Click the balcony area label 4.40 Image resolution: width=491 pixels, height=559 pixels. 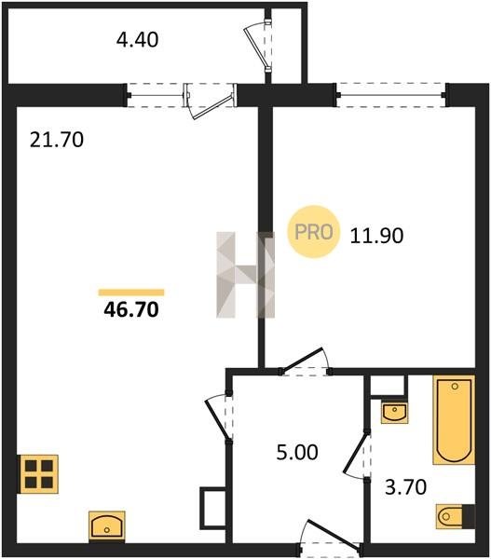tap(137, 39)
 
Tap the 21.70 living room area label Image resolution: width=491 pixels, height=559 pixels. tap(57, 140)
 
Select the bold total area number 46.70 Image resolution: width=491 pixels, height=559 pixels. tap(131, 309)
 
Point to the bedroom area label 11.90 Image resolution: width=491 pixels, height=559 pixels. tap(376, 236)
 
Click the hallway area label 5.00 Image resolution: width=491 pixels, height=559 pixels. tap(297, 452)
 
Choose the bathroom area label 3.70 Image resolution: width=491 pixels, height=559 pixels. tap(406, 487)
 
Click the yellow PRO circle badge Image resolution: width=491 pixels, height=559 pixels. tap(313, 232)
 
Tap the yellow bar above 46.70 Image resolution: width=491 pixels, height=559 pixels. tap(131, 293)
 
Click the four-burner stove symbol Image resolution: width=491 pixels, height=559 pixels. tap(39, 474)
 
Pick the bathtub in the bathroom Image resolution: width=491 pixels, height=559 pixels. tap(454, 419)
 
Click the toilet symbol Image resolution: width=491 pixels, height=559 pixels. tap(456, 516)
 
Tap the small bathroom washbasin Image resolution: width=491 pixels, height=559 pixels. tap(394, 413)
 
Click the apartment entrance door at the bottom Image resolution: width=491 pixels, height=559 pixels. tap(330, 538)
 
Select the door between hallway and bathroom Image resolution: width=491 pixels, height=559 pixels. tap(358, 456)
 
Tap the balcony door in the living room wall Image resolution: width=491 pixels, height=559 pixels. tap(211, 101)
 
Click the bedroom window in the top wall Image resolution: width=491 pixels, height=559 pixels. tap(391, 95)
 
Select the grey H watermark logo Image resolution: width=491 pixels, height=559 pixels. tap(246, 275)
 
